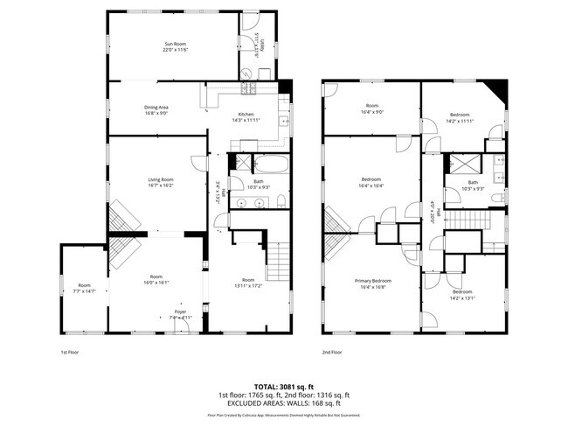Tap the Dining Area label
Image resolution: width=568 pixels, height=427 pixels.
[x=157, y=107]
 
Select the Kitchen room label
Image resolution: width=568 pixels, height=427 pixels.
[x=246, y=115]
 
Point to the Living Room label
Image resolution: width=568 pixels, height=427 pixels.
[x=160, y=179]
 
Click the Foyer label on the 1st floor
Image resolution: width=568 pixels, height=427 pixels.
[x=180, y=311]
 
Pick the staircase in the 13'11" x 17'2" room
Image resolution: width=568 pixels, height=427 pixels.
[x=277, y=258]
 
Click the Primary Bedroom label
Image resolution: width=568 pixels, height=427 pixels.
[x=372, y=281]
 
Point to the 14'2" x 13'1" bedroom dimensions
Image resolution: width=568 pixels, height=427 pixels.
[x=461, y=297]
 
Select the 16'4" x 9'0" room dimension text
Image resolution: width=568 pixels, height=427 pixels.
[x=372, y=112]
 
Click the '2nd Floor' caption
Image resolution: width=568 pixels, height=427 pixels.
[x=331, y=352]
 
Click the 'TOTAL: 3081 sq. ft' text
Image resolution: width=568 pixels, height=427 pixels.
[x=284, y=386]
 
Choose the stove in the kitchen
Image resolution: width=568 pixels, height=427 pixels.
[x=248, y=88]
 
